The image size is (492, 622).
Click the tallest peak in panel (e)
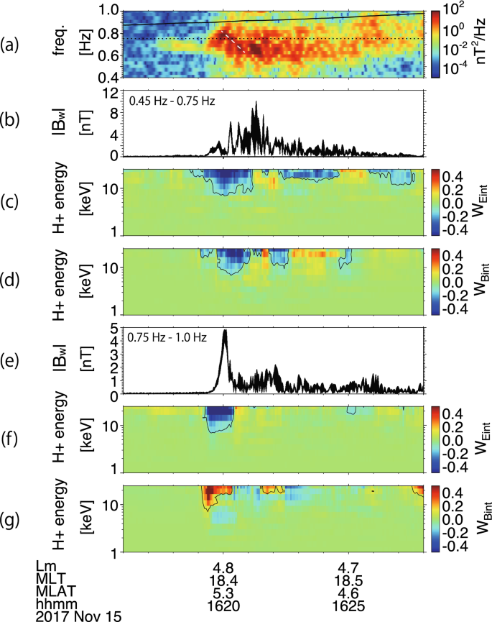click(x=225, y=331)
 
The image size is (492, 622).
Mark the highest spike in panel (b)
click(x=255, y=104)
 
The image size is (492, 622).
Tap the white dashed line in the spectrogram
click(x=236, y=43)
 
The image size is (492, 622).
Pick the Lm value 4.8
click(x=223, y=567)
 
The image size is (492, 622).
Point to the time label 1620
click(x=223, y=604)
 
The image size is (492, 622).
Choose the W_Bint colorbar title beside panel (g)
click(x=478, y=518)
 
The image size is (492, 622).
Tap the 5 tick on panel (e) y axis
click(x=113, y=329)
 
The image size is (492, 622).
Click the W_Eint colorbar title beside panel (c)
click(x=478, y=201)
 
